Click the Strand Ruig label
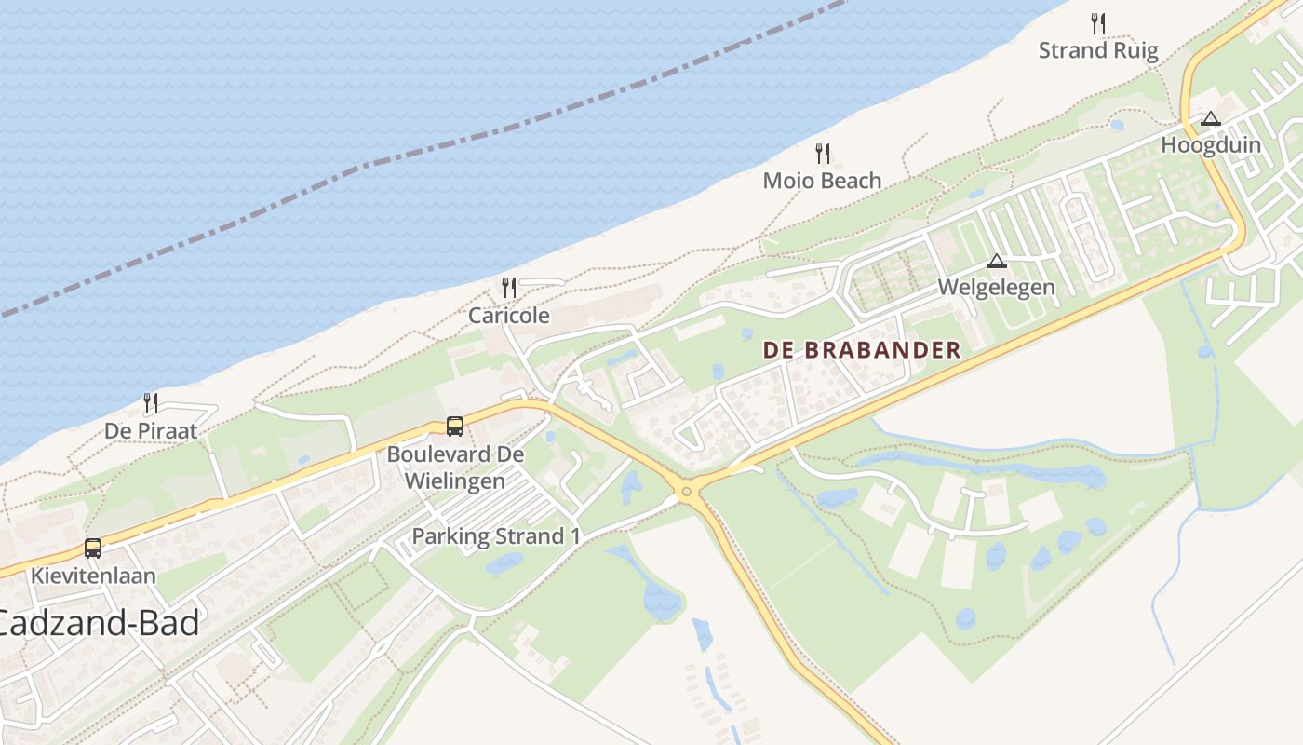[1098, 50]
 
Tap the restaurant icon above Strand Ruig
[1098, 23]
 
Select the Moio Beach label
[822, 181]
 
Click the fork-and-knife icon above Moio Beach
[823, 154]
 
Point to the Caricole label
[508, 316]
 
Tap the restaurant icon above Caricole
[508, 287]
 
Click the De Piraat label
[151, 431]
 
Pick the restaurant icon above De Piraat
[150, 403]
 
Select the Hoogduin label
[1211, 145]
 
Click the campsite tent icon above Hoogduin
[1210, 119]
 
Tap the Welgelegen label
[997, 287]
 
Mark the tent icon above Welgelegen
[997, 261]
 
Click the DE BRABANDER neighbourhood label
[862, 350]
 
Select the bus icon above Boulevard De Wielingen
[455, 427]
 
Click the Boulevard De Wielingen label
[455, 467]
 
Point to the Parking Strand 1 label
[496, 536]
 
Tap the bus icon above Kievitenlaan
[93, 548]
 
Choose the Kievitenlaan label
[93, 576]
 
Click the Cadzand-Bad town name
[98, 623]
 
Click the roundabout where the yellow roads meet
[687, 491]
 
